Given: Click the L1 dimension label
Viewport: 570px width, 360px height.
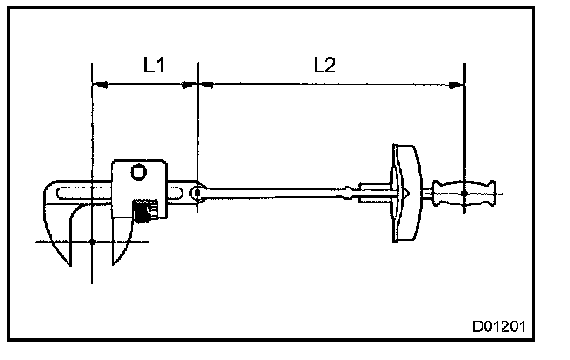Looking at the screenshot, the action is pos(154,65).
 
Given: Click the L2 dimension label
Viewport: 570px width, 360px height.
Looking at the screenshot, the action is pos(324,66).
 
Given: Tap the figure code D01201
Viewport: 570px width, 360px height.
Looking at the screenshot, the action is pos(499,326).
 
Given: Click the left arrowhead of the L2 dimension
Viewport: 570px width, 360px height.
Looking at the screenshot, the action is pos(206,84).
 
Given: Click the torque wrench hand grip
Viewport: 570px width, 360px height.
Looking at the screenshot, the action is pos(464,193).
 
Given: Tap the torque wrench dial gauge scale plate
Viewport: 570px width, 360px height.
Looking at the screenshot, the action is pos(407,193).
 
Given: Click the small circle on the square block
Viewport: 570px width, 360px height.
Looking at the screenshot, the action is pos(139,172).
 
